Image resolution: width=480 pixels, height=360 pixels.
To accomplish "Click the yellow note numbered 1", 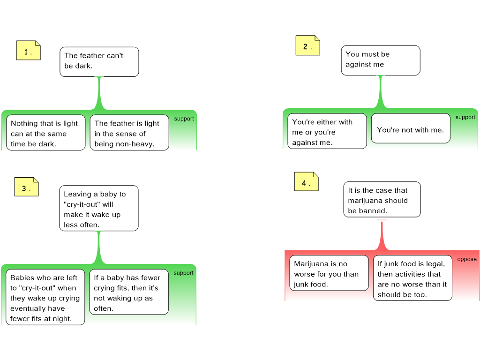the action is pyautogui.click(x=29, y=50).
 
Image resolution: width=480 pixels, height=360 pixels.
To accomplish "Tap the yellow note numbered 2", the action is pyautogui.click(x=307, y=45).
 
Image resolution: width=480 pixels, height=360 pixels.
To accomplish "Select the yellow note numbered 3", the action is pyautogui.click(x=27, y=187).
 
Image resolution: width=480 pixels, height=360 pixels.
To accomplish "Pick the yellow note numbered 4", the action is pyautogui.click(x=307, y=181).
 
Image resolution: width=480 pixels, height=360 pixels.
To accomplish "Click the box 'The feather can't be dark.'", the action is pyautogui.click(x=99, y=62).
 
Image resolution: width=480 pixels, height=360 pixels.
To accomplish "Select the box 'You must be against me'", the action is pyautogui.click(x=381, y=60).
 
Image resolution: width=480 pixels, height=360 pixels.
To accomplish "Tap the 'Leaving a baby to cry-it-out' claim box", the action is pyautogui.click(x=99, y=208).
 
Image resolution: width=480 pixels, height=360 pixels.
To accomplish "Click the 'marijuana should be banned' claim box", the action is pyautogui.click(x=382, y=200).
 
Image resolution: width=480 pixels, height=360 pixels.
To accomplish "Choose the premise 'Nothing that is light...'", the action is pyautogui.click(x=45, y=133).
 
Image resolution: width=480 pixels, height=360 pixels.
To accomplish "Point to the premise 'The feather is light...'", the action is pyautogui.click(x=129, y=133).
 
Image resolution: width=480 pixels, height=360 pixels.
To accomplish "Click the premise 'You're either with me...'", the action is pyautogui.click(x=327, y=131).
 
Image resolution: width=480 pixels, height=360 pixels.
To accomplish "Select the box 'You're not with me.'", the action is pyautogui.click(x=411, y=128).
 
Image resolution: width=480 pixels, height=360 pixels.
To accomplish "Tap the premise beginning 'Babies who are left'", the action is pyautogui.click(x=45, y=297).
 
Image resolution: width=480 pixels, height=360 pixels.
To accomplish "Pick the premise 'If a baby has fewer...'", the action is pyautogui.click(x=129, y=292).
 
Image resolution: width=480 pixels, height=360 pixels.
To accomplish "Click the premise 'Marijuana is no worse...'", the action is pyautogui.click(x=329, y=273).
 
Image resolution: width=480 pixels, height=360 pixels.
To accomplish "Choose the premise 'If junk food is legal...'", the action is pyautogui.click(x=412, y=278).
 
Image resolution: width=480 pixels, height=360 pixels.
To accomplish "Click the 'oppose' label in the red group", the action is pyautogui.click(x=467, y=259).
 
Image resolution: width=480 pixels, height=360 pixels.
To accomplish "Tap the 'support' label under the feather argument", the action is pyautogui.click(x=184, y=119).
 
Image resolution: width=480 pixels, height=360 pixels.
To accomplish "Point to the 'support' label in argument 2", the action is pyautogui.click(x=465, y=117).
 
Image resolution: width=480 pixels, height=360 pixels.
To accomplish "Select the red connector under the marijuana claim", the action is pyautogui.click(x=382, y=235).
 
